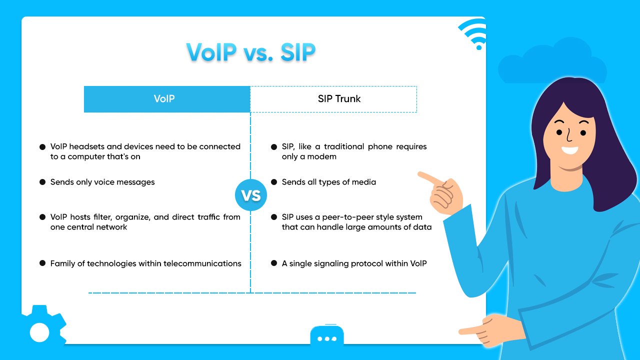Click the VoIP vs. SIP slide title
point(250,52)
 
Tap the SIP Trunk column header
point(333,99)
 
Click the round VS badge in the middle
point(250,195)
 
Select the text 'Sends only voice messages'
point(102,182)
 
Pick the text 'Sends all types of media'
point(328,182)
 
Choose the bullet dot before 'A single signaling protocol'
point(273,263)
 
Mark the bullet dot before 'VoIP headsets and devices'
point(42,147)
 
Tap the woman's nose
point(568,135)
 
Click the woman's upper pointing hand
point(440,192)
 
